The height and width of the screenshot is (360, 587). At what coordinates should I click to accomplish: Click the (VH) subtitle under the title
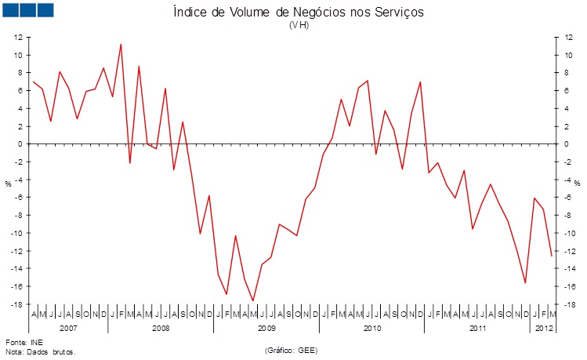point(299,25)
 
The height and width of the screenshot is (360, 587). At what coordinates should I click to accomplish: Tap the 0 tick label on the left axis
point(19,144)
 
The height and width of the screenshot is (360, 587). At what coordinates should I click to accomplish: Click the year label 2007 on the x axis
point(68,327)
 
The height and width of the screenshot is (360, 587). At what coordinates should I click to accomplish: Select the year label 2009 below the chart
point(266,327)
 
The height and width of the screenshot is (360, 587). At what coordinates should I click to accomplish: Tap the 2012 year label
point(543,327)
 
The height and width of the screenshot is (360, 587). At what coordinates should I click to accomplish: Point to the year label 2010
point(372,327)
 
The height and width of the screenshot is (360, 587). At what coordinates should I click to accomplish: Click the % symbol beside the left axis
point(9,184)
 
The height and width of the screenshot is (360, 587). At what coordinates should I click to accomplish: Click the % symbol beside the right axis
point(576,184)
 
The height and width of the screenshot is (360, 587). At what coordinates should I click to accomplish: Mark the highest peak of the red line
point(121,44)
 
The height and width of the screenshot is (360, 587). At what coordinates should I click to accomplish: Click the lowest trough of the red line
point(253,300)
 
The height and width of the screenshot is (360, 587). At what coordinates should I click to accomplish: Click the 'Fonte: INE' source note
point(24,343)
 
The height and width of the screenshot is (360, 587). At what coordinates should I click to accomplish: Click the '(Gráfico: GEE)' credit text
point(291,349)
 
